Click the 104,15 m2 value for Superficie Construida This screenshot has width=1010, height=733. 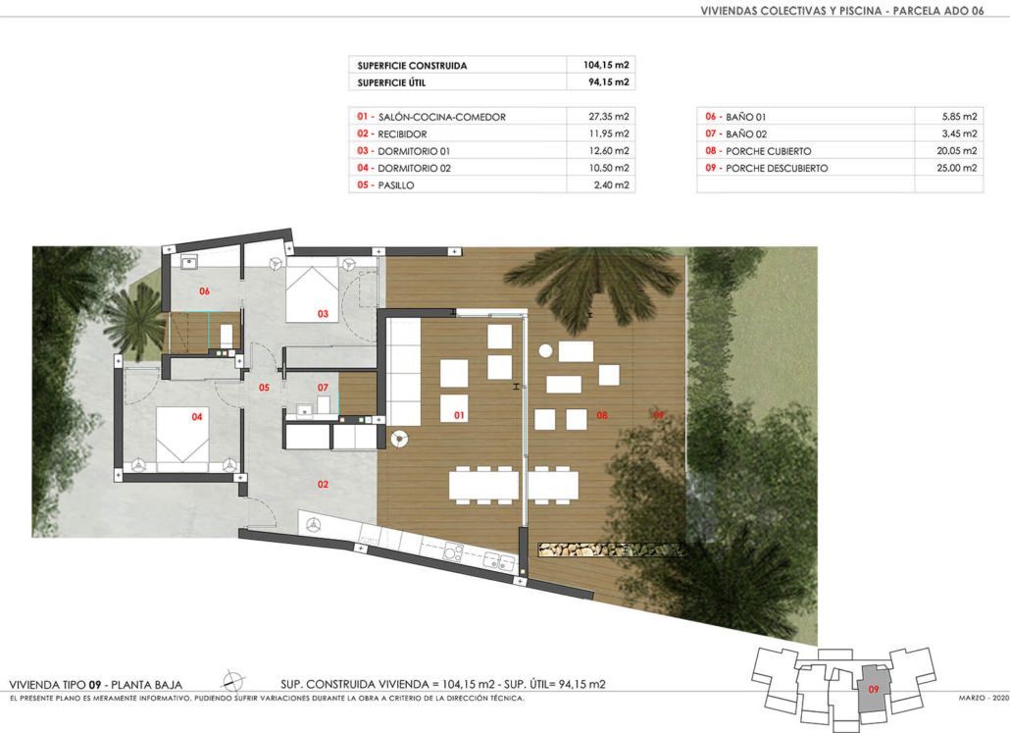click(x=605, y=65)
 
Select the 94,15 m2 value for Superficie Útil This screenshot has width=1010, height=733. click(x=609, y=81)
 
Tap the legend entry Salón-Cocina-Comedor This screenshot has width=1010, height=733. click(x=441, y=117)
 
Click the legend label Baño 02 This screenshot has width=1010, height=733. click(x=746, y=134)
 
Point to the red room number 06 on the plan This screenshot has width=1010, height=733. click(x=204, y=291)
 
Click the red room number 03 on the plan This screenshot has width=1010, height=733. click(x=323, y=314)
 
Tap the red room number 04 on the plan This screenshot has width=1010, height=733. click(x=197, y=417)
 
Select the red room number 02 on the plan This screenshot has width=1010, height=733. click(x=323, y=484)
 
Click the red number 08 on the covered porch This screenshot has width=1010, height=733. click(x=602, y=415)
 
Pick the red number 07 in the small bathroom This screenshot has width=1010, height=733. click(x=323, y=388)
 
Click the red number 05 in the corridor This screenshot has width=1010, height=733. click(x=264, y=388)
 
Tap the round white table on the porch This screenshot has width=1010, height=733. click(x=545, y=350)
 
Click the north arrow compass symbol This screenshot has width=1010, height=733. click(x=232, y=681)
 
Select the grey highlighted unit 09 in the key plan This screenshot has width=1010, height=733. click(x=874, y=689)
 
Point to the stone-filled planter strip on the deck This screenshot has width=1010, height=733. click(x=611, y=550)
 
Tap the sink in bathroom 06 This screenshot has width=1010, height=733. click(x=189, y=262)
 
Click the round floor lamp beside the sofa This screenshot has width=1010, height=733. click(x=399, y=439)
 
